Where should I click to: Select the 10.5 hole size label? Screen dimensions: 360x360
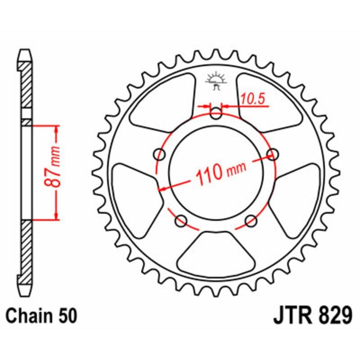[250, 98]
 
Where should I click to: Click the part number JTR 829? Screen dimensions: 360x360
[311, 314]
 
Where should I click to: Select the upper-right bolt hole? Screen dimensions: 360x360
[272, 154]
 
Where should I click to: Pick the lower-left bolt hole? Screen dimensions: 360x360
[181, 220]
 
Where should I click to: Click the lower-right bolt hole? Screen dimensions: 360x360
[251, 220]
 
